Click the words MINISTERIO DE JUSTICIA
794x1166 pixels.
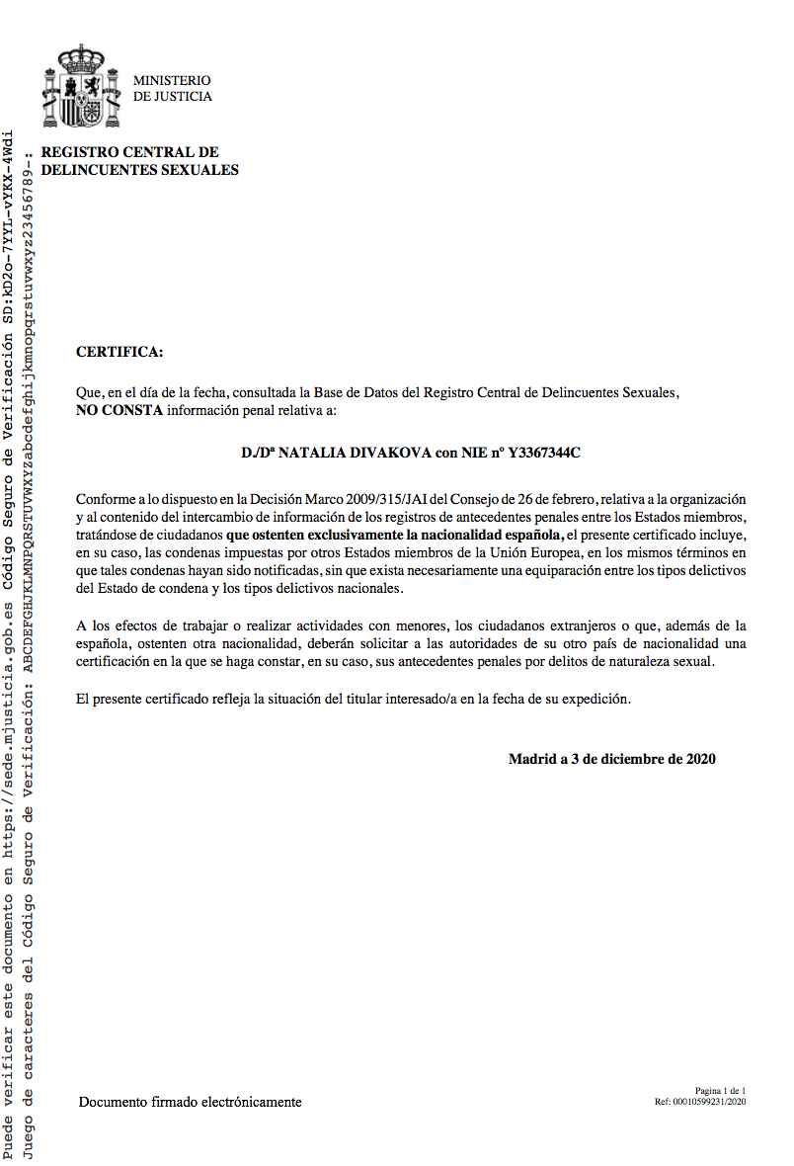172,89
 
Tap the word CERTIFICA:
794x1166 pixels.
119,352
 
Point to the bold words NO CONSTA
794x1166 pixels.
119,408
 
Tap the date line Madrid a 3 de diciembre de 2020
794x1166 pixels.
611,759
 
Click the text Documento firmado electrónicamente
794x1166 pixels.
191,1102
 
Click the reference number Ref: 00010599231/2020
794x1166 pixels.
699,1101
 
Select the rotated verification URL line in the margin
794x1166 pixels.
9,642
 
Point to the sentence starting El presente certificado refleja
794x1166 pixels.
353,699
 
